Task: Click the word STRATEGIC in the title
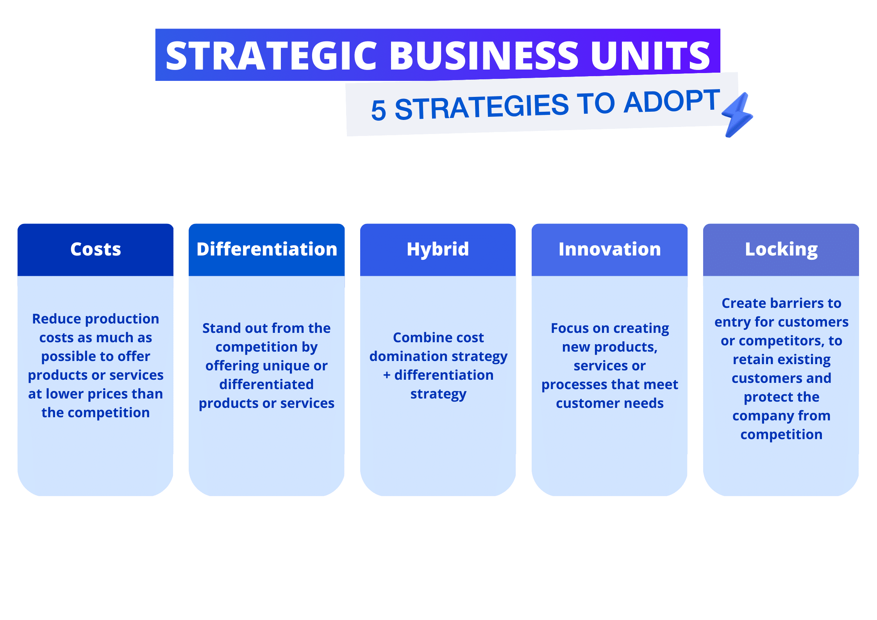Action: click(x=271, y=56)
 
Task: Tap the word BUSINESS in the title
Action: click(x=484, y=56)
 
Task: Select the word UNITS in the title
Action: click(x=650, y=56)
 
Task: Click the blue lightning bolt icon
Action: click(x=737, y=114)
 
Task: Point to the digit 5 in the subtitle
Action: click(x=378, y=110)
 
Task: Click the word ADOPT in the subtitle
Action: click(x=672, y=101)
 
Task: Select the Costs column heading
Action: click(x=96, y=249)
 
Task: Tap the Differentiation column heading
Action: click(x=267, y=249)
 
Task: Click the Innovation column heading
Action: click(x=610, y=249)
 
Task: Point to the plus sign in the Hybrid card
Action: click(x=387, y=375)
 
